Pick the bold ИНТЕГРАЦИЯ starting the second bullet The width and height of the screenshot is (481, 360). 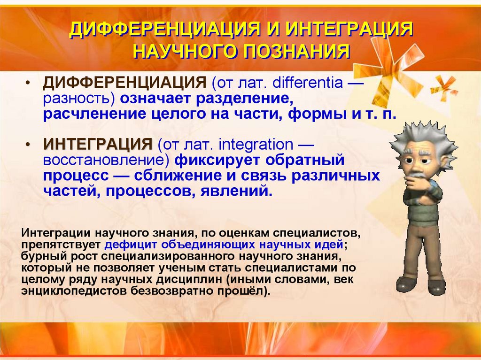tap(98, 144)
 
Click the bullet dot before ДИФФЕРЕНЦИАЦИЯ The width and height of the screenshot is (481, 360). tap(29, 84)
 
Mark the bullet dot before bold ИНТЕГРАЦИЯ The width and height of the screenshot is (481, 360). tap(29, 144)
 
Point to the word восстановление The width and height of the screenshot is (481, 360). tap(106, 160)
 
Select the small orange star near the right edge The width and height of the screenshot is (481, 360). tap(444, 86)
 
